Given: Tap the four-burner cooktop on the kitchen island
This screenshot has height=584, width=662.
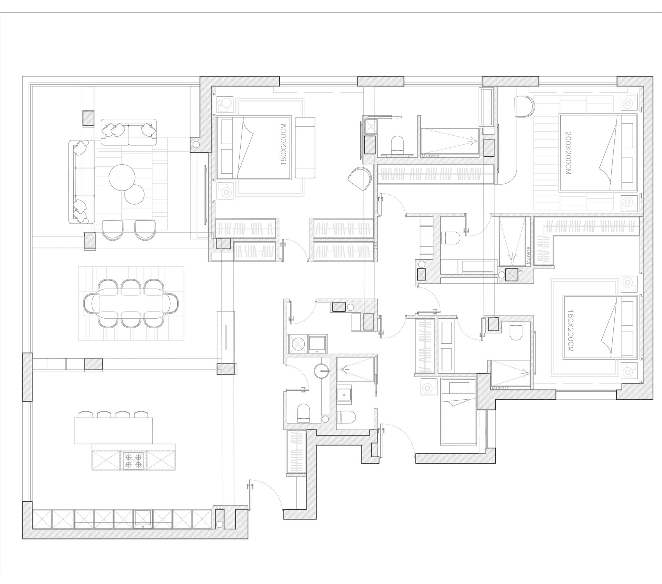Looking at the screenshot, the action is pyautogui.click(x=133, y=460).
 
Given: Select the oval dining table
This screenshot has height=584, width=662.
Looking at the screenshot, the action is pyautogui.click(x=131, y=303).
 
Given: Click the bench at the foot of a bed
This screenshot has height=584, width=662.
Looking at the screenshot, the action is pyautogui.click(x=305, y=147).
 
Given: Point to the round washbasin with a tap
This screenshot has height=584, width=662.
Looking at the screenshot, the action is pyautogui.click(x=322, y=371).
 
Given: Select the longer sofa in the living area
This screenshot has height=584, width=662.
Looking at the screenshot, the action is pyautogui.click(x=82, y=182).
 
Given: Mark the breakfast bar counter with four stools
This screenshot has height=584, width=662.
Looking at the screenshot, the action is pyautogui.click(x=113, y=430).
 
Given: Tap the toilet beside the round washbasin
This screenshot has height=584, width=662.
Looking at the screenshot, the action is pyautogui.click(x=304, y=412).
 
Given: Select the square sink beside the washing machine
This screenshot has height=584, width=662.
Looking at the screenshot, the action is pyautogui.click(x=317, y=344).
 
